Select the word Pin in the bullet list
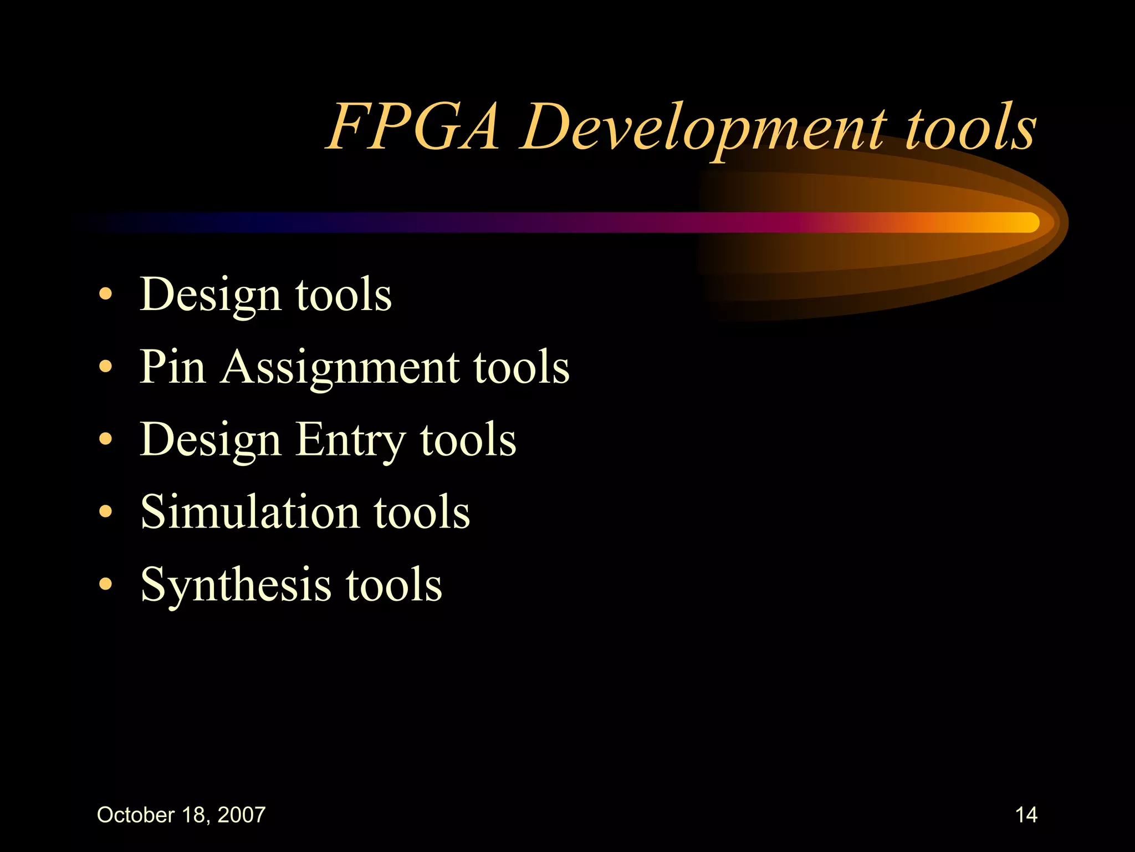(172, 367)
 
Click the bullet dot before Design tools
(105, 295)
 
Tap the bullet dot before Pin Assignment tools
(105, 367)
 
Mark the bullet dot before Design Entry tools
(105, 439)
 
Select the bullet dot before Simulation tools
(105, 511)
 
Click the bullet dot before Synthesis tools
(105, 584)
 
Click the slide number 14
(1026, 815)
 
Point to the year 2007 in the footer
(242, 815)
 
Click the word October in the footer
(136, 815)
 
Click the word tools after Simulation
(422, 511)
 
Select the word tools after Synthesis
(394, 584)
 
